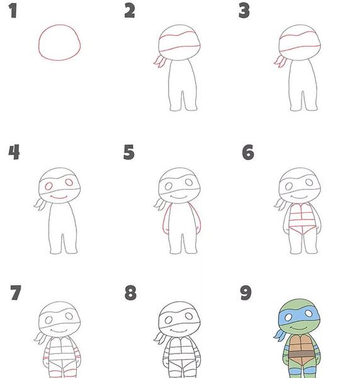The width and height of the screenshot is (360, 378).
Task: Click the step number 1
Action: pyautogui.click(x=13, y=11)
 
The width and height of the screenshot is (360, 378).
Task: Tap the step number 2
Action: pyautogui.click(x=130, y=11)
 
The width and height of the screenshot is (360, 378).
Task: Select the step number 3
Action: pyautogui.click(x=244, y=11)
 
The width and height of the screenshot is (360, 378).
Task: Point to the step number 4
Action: pyautogui.click(x=14, y=152)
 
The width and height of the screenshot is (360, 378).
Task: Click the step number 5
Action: pyautogui.click(x=129, y=152)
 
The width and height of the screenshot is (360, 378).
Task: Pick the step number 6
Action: pyautogui.click(x=248, y=152)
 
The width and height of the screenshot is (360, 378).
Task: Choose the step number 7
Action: pyautogui.click(x=16, y=293)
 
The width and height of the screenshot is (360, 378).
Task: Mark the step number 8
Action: pyautogui.click(x=130, y=293)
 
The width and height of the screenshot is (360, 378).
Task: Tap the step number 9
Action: pyautogui.click(x=246, y=293)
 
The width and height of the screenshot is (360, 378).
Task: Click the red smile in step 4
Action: pyautogui.click(x=59, y=198)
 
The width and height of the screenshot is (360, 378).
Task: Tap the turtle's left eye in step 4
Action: pyautogui.click(x=48, y=186)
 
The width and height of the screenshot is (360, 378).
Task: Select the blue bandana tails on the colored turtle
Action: pyautogui.click(x=279, y=335)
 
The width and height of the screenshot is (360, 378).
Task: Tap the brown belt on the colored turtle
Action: pyautogui.click(x=301, y=354)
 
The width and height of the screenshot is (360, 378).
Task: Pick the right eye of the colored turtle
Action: pyautogui.click(x=309, y=314)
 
